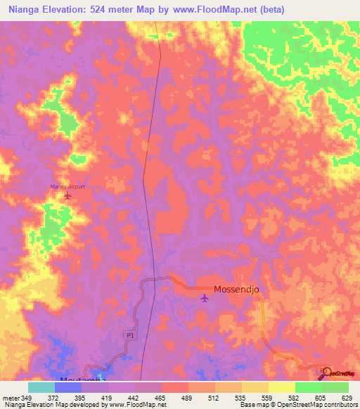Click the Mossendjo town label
pos(238,289)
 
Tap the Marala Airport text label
pos(67,186)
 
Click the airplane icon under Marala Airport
pos(67,195)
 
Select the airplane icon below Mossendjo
pos(205,299)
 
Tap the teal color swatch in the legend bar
pos(41,387)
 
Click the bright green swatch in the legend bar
pos(308,387)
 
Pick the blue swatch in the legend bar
pos(67,387)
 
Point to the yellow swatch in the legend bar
pos(281,387)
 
